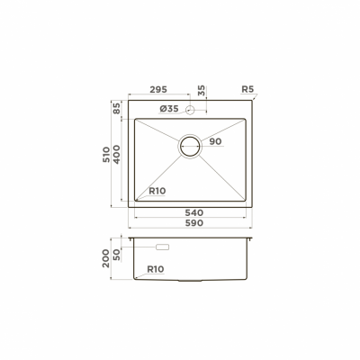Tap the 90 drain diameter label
click(x=215, y=142)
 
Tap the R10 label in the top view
click(x=157, y=191)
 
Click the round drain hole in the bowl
click(x=192, y=146)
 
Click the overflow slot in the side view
click(x=163, y=247)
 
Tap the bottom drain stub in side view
click(x=192, y=282)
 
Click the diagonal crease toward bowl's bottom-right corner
click(x=225, y=179)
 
